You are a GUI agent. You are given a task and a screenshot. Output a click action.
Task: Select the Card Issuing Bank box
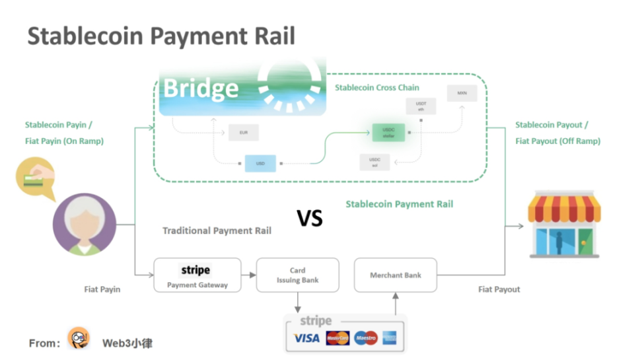click(x=297, y=275)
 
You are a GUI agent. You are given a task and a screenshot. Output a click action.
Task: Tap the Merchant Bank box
click(x=396, y=275)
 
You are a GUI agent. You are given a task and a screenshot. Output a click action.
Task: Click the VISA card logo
click(x=306, y=338)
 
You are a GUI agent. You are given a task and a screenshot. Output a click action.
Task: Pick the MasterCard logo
click(x=338, y=338)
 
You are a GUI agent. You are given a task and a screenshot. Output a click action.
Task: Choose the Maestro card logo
click(x=365, y=338)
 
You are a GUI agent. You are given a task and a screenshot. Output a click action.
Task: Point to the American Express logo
click(x=390, y=338)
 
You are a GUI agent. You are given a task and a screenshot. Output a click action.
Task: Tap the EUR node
click(x=243, y=132)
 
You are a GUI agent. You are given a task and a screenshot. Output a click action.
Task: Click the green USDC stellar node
click(x=388, y=133)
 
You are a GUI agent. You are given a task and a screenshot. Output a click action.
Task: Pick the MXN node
click(x=461, y=93)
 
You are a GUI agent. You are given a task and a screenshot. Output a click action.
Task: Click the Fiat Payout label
click(x=499, y=289)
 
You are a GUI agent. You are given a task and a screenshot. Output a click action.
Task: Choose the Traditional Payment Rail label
click(x=217, y=231)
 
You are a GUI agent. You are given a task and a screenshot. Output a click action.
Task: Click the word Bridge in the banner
click(x=200, y=88)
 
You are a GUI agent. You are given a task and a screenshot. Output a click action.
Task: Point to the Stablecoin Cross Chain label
click(x=376, y=88)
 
